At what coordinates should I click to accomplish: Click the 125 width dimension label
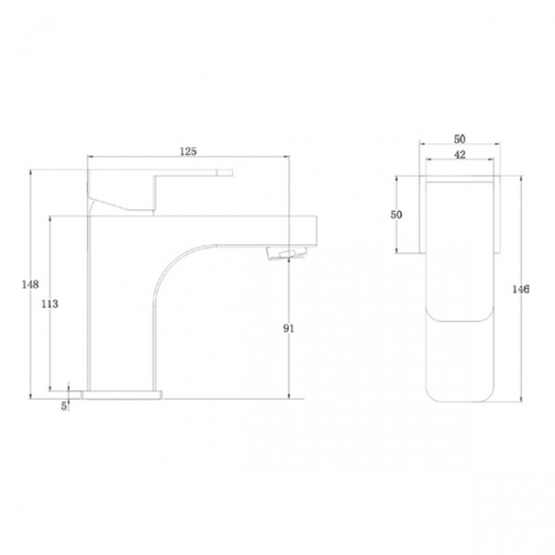coord(188,152)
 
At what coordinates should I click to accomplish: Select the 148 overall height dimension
coord(31,284)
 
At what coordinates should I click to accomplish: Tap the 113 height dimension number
coord(50,303)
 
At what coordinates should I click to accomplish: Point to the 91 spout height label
coord(289,328)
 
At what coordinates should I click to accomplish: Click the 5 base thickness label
coord(64,406)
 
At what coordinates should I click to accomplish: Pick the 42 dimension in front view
coord(460,154)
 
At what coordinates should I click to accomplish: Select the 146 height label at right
coord(521,290)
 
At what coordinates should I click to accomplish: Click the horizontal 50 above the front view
coord(460,139)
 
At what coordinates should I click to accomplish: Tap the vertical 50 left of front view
coord(396,215)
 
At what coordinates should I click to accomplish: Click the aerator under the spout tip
coord(287,253)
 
